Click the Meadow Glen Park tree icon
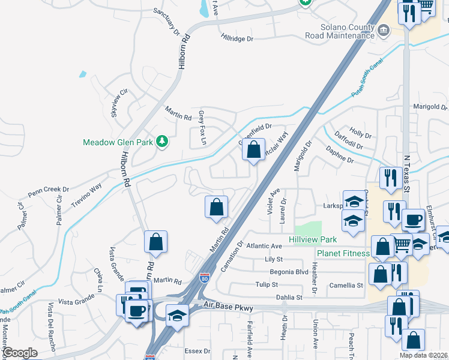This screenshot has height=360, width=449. point(161,142)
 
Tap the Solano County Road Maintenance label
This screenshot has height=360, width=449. point(340,32)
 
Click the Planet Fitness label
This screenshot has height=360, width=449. point(343,253)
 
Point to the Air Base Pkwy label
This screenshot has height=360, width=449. point(228,308)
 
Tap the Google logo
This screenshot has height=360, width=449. point(20,353)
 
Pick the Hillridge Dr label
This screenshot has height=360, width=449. point(237,38)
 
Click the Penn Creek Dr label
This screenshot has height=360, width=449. point(49,191)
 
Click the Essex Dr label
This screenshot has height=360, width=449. point(198,351)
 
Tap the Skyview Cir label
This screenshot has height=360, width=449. point(116,103)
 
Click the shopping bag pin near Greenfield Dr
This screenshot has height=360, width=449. point(254,149)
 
